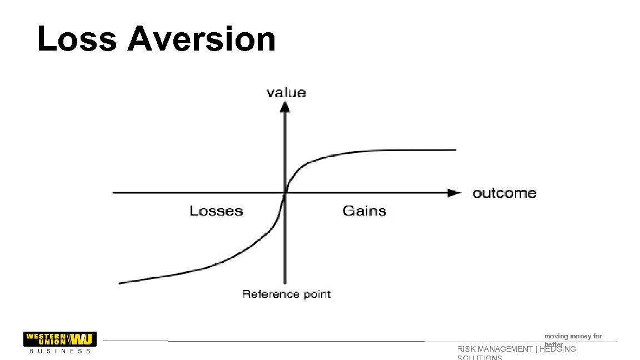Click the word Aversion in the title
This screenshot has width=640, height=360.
pyautogui.click(x=202, y=40)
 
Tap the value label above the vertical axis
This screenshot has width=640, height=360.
pyautogui.click(x=286, y=92)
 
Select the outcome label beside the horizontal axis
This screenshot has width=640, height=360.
pyautogui.click(x=504, y=193)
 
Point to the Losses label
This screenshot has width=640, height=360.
pyautogui.click(x=216, y=211)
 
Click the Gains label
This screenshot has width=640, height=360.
pyautogui.click(x=364, y=211)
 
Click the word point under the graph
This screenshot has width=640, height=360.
pyautogui.click(x=317, y=294)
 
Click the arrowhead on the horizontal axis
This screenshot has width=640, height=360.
pyautogui.click(x=455, y=193)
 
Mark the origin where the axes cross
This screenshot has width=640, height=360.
pyautogui.click(x=285, y=193)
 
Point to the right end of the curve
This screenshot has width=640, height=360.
pyautogui.click(x=455, y=149)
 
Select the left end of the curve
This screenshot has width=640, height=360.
pyautogui.click(x=120, y=283)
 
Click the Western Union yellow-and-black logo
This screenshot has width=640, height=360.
pyautogui.click(x=59, y=339)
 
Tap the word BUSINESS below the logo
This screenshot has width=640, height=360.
pyautogui.click(x=59, y=351)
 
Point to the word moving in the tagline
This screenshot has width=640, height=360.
pyautogui.click(x=556, y=336)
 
